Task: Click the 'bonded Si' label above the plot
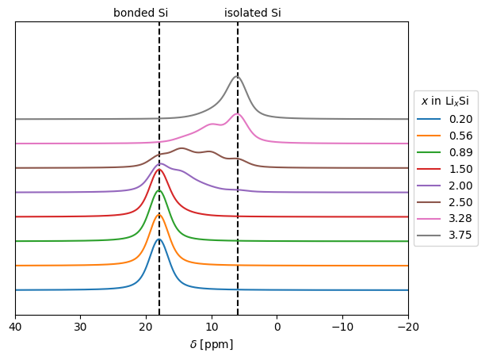pyautogui.click(x=141, y=13)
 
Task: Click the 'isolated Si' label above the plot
pyautogui.click(x=253, y=13)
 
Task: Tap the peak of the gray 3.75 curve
pyautogui.click(x=237, y=76)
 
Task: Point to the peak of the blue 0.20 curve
pyautogui.click(x=159, y=239)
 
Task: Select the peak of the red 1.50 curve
pyautogui.click(x=159, y=170)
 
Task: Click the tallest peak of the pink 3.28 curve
pyautogui.click(x=237, y=114)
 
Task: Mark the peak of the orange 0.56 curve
pyautogui.click(x=159, y=215)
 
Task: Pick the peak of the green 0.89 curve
pyautogui.click(x=159, y=190)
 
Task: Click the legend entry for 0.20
pyautogui.click(x=445, y=119)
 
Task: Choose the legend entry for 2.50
pyautogui.click(x=445, y=202)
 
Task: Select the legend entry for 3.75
pyautogui.click(x=445, y=236)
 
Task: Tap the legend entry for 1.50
pyautogui.click(x=445, y=169)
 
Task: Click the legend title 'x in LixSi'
pyautogui.click(x=445, y=101)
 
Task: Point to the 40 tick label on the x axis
pyautogui.click(x=16, y=327)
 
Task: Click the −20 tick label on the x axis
pyautogui.click(x=408, y=327)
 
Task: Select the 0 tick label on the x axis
pyautogui.click(x=277, y=327)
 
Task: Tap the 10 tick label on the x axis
pyautogui.click(x=212, y=327)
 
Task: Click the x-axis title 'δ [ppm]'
pyautogui.click(x=212, y=344)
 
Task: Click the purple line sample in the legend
pyautogui.click(x=429, y=186)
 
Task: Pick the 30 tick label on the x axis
pyautogui.click(x=81, y=327)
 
